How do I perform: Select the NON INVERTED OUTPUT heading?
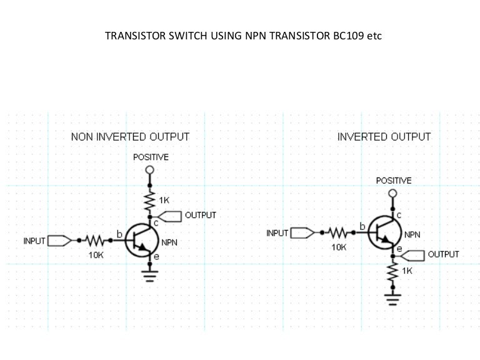point(130,136)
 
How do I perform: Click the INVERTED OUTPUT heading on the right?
point(384,136)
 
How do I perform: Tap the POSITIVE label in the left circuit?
point(151,157)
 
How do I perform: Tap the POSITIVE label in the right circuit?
point(393,180)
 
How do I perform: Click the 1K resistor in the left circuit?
point(149,201)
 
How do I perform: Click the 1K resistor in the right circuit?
point(392,271)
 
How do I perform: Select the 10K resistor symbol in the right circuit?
point(338,232)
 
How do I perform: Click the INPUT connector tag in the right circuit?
point(301,232)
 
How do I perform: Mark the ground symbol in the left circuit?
point(149,275)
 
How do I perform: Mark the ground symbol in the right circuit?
point(392,299)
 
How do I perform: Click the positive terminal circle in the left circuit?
point(149,169)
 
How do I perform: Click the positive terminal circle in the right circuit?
point(392,193)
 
